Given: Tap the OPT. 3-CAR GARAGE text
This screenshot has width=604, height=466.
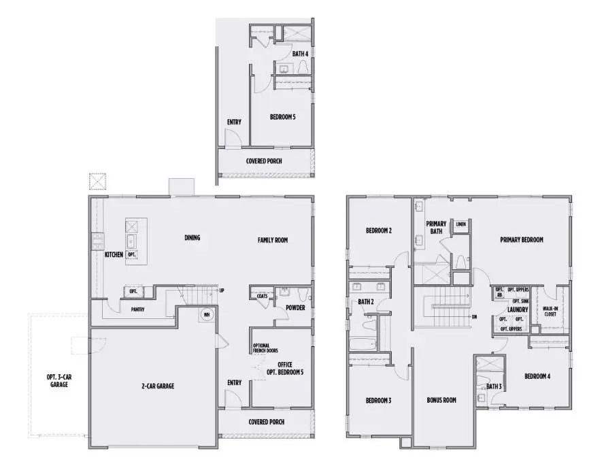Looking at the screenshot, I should pos(56,380).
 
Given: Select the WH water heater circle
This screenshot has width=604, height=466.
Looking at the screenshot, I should pos(206,315).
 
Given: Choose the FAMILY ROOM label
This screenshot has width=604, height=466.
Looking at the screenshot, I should pos(275,240).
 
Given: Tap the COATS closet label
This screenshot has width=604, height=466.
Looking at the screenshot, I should pos(262,297).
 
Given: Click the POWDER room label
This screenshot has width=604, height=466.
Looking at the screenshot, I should pos(295,307).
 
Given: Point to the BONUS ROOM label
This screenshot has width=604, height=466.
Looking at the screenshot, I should pos(441,400).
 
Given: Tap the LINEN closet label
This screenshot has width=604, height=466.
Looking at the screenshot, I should pos(461,224).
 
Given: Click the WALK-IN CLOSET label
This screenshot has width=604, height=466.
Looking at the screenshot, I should pos(550,312).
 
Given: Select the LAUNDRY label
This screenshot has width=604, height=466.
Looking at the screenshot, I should pos(518,310).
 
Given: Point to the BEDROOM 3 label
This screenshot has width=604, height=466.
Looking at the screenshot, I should pos(379,400).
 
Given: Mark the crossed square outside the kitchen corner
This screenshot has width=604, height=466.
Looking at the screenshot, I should pos(97,182).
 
